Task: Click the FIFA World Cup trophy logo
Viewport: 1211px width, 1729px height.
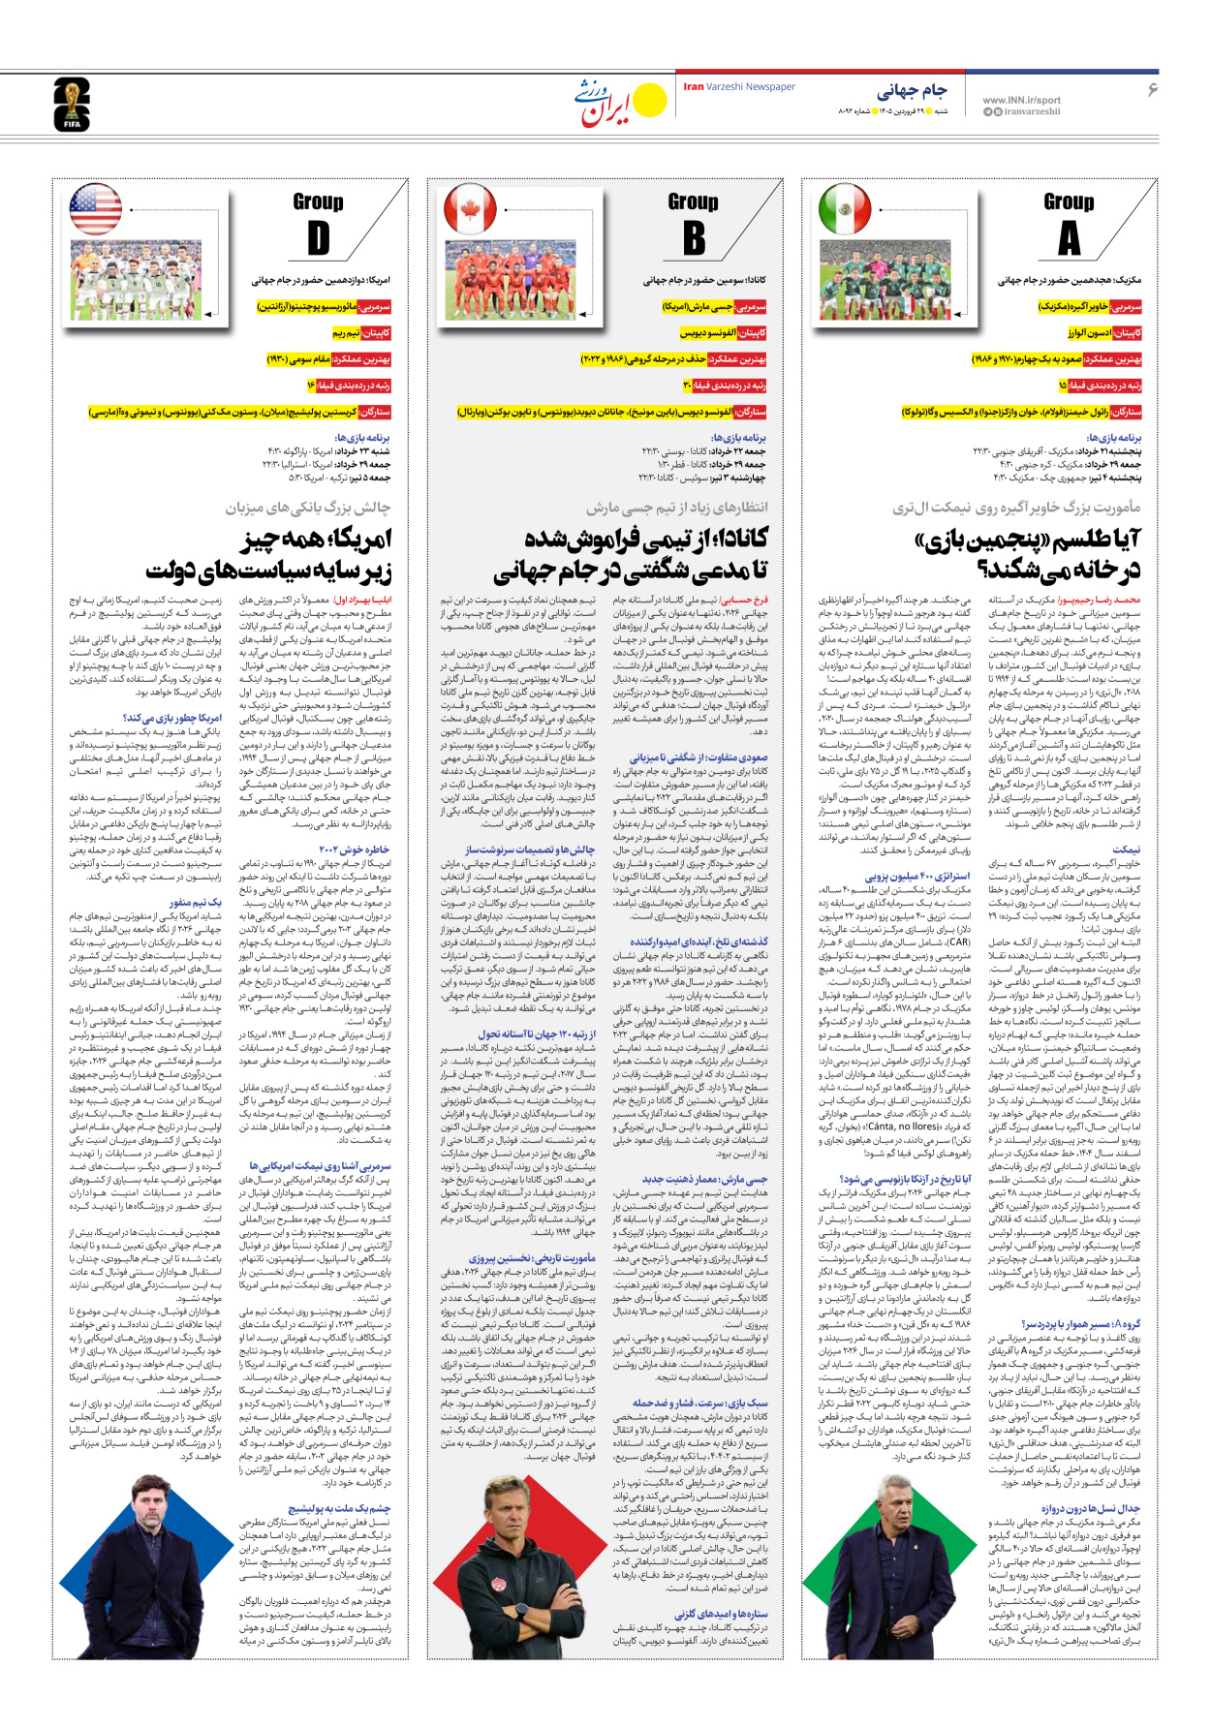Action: point(71,105)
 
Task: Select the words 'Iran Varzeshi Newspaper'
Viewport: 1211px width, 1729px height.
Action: point(739,87)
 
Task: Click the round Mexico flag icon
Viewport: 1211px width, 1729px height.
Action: point(845,208)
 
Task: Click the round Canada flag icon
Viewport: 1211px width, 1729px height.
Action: point(470,208)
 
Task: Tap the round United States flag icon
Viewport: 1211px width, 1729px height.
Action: point(95,208)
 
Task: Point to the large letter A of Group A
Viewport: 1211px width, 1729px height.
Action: point(1068,238)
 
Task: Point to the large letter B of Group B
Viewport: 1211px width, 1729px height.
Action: point(694,238)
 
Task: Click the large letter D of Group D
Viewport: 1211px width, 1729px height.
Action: point(318,238)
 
